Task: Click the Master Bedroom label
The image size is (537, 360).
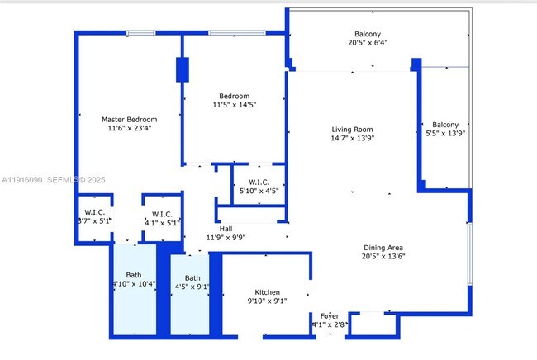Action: [129, 119]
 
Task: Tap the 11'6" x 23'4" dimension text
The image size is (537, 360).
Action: [129, 129]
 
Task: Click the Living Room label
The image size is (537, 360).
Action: [353, 129]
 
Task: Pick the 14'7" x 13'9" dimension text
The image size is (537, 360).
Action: [353, 139]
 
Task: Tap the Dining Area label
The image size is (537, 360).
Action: [384, 247]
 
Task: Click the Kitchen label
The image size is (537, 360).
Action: [267, 292]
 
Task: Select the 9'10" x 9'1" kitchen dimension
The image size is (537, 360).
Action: [267, 302]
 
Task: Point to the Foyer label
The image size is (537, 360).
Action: [329, 315]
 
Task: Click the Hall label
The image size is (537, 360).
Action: [226, 229]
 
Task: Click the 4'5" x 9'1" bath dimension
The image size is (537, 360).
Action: [192, 287]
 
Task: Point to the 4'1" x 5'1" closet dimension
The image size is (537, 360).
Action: [162, 222]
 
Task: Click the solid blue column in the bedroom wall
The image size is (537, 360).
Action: [182, 69]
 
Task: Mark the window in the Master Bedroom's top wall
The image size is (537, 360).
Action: [140, 33]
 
